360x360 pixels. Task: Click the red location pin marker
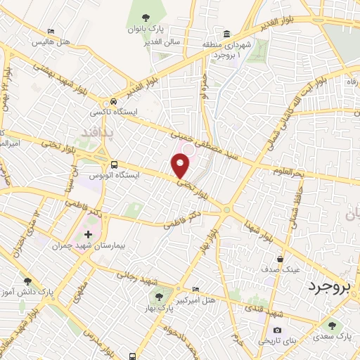tap(181, 166)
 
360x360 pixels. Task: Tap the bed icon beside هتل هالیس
tap(51, 32)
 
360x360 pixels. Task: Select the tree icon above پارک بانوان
tap(146, 18)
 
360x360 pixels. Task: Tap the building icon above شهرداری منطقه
tap(226, 34)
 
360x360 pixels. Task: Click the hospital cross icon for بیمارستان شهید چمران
tap(87, 234)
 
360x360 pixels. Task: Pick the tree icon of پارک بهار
tap(159, 297)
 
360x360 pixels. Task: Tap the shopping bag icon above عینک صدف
tap(281, 258)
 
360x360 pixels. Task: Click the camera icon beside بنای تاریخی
tap(277, 330)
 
